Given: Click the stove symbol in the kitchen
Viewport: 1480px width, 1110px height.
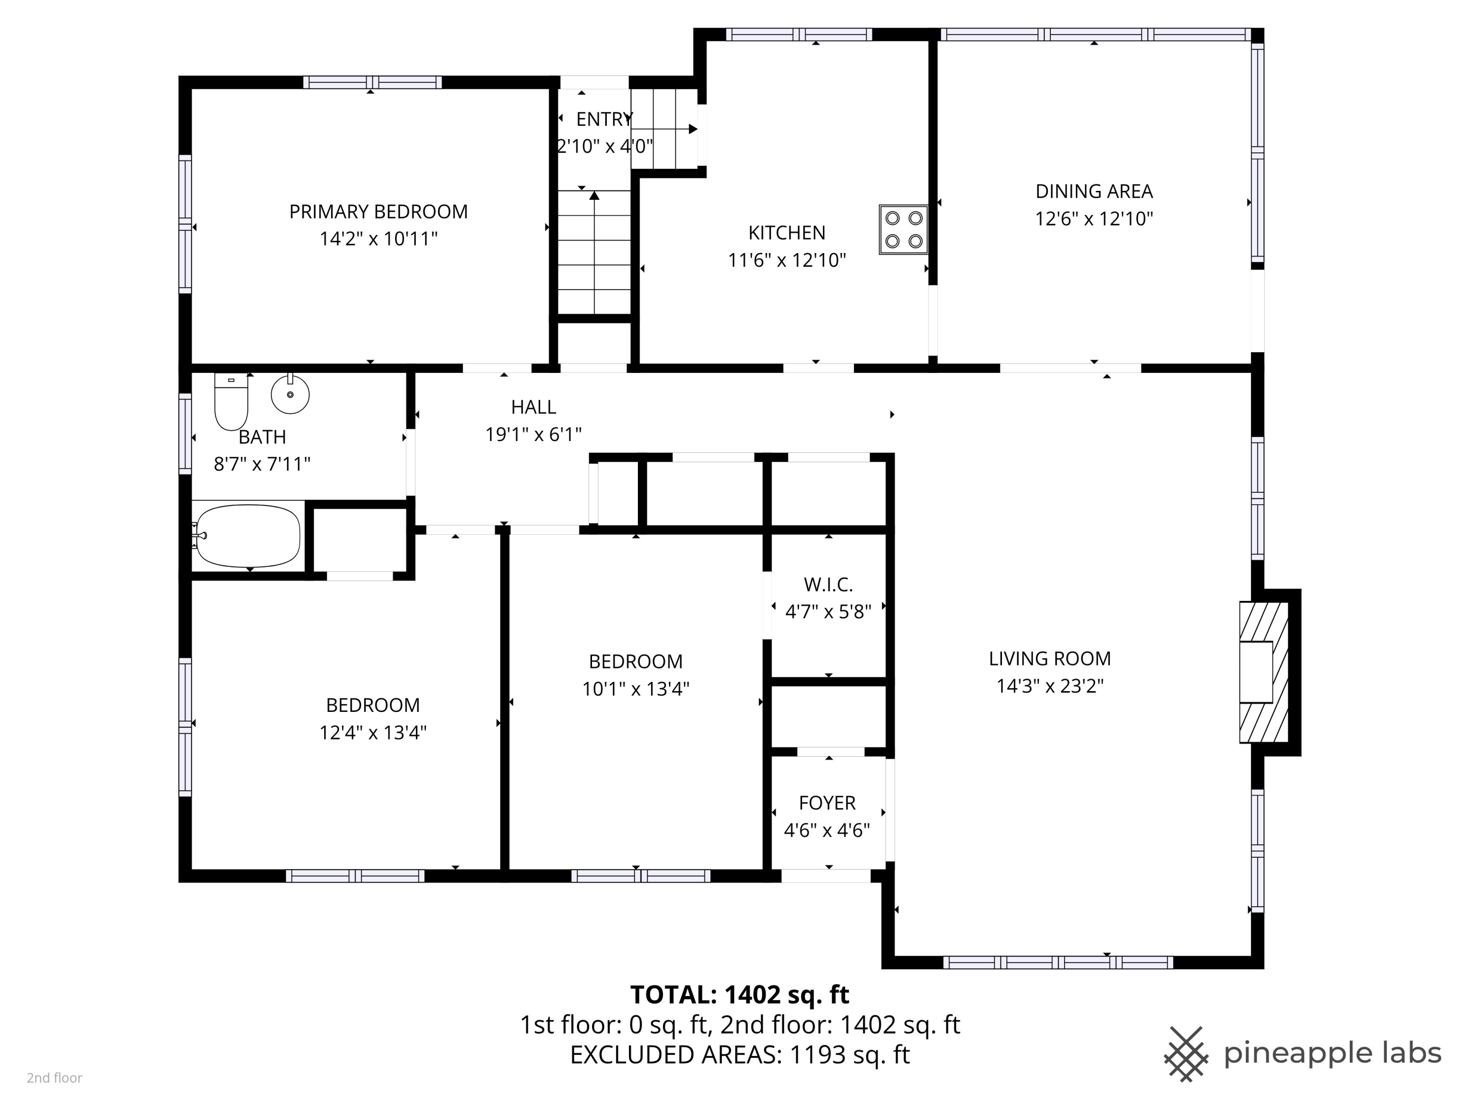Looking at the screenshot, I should [903, 229].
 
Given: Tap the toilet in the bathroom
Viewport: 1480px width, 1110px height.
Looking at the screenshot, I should [231, 402].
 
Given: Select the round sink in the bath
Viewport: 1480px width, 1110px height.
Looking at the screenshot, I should [291, 394].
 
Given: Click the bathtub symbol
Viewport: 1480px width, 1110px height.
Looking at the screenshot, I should [248, 535].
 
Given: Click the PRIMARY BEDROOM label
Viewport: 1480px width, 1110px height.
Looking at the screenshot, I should [378, 212].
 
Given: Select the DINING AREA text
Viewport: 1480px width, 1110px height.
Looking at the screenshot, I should [1094, 191].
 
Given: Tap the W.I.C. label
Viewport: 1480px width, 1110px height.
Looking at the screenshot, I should [828, 585].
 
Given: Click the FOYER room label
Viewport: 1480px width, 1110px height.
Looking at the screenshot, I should [827, 803].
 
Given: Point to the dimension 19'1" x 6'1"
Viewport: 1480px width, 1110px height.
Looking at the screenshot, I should [533, 435].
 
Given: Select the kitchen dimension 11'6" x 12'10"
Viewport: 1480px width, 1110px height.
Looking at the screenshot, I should [787, 260].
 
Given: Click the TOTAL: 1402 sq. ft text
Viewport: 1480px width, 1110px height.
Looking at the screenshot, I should [740, 995].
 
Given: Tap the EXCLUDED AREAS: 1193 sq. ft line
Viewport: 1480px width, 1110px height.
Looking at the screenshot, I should [740, 1055].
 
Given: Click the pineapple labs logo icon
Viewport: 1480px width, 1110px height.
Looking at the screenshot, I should [1185, 1054].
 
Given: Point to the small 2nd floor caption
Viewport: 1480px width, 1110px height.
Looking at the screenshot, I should [54, 1078].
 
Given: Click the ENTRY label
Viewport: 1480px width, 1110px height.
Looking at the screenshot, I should [603, 119].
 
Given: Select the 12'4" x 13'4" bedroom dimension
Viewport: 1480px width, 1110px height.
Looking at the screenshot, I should [372, 733].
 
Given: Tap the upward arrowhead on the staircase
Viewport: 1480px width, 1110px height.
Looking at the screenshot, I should [594, 195].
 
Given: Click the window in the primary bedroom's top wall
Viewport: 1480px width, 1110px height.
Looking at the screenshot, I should [372, 82].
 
